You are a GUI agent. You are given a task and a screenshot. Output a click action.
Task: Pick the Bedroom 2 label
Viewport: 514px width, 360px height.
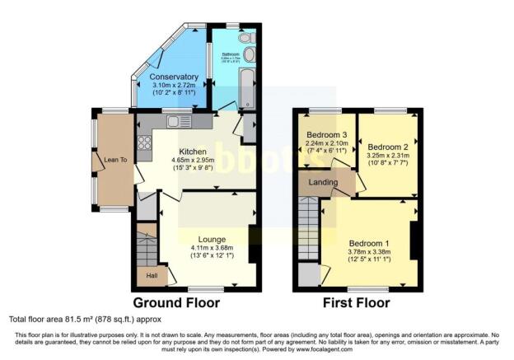pos(387,147)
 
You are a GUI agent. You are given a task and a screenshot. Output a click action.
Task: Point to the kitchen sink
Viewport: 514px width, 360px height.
pos(175,122)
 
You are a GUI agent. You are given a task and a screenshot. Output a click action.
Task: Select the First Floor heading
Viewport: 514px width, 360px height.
pos(356,302)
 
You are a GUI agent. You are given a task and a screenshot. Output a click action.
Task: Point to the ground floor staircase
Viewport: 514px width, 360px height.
pos(146,247)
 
